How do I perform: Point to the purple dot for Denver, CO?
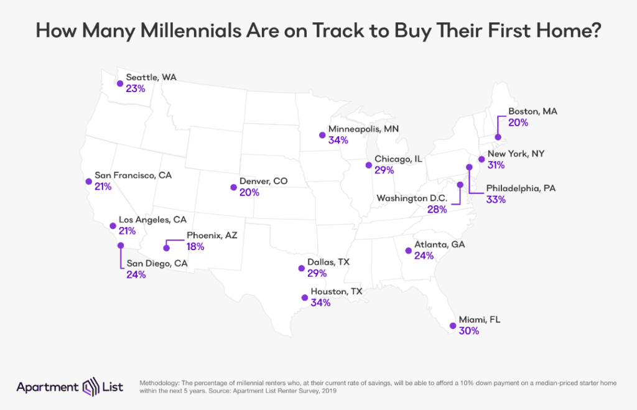[233, 187]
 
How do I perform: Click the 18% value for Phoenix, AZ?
[195, 246]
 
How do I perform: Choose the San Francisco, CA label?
[133, 175]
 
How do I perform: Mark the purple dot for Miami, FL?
[452, 325]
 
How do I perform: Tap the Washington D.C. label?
[411, 198]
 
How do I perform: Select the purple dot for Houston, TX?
[304, 297]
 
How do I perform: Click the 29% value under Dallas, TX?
[317, 274]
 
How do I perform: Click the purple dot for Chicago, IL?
[369, 165]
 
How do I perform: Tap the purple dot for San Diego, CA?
[120, 246]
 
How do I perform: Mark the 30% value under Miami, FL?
[470, 331]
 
